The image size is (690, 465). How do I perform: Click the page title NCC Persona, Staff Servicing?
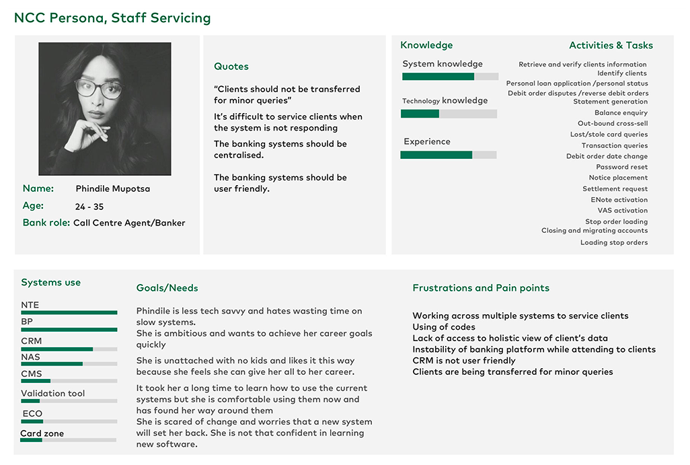[x=112, y=18]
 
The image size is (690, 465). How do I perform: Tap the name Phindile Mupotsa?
[x=112, y=189]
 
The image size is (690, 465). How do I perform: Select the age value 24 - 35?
[x=89, y=207]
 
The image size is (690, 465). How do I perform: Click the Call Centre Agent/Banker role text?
[x=129, y=223]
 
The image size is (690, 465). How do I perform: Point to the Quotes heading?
[x=231, y=67]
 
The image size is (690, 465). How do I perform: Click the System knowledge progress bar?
[x=450, y=77]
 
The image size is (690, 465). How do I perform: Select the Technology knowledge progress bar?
[x=449, y=114]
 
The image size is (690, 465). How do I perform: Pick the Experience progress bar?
[x=448, y=155]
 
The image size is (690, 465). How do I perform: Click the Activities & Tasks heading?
[x=611, y=45]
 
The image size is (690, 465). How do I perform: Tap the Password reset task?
[x=622, y=167]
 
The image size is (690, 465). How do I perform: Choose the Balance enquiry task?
[x=621, y=113]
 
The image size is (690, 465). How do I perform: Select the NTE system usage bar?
[x=69, y=312]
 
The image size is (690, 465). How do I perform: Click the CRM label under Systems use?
[x=31, y=341]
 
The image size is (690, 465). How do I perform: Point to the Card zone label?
[x=42, y=433]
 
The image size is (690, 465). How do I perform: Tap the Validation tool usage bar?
[x=69, y=401]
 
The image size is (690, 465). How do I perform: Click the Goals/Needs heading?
[x=167, y=288]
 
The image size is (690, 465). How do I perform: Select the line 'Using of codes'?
[x=444, y=327]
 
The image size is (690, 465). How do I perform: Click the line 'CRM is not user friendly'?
[x=464, y=361]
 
